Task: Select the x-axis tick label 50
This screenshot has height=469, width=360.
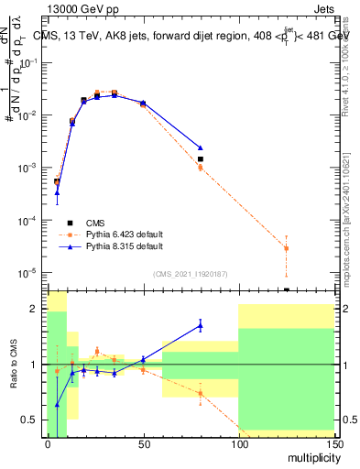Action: point(143,443)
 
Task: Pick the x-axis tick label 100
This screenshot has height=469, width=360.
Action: point(238,443)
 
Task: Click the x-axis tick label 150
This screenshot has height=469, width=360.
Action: point(333,443)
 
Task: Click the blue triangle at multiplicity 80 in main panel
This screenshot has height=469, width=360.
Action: point(200,147)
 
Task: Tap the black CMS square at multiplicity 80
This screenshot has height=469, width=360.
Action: point(200,159)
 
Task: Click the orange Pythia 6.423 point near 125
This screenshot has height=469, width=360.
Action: point(286,248)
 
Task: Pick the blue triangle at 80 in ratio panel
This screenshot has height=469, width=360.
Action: point(200,324)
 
